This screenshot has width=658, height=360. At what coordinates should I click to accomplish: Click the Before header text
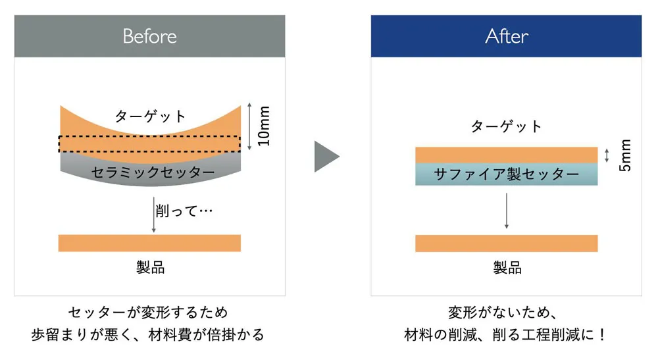tap(150, 36)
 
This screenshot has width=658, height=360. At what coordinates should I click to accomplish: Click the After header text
tap(507, 36)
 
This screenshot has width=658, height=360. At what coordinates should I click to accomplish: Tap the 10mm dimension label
tap(264, 126)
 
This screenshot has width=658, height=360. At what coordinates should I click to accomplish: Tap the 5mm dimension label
tap(625, 155)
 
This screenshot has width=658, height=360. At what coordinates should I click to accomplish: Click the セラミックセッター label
tap(153, 172)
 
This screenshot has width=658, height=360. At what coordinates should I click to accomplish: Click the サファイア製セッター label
tap(507, 174)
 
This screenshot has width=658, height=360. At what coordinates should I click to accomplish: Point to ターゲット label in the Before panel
tap(150, 116)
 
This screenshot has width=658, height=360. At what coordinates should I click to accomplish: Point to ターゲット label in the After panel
tap(507, 126)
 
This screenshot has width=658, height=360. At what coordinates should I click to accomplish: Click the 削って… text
tap(184, 211)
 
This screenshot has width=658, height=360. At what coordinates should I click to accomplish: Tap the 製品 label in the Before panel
tap(150, 267)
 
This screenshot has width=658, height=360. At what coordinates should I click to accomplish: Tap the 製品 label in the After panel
tap(507, 267)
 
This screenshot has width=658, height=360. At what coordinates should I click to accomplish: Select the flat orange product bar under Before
tap(149, 244)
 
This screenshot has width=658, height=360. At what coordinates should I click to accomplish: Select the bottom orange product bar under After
tap(507, 244)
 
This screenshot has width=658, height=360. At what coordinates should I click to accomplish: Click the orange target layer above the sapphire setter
tap(507, 155)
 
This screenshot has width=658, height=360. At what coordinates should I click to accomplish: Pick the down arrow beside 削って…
tap(153, 215)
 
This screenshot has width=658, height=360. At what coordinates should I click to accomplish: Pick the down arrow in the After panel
tap(507, 211)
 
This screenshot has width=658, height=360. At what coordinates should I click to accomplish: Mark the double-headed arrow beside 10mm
tap(249, 126)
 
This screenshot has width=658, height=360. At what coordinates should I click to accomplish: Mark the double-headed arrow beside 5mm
tap(607, 155)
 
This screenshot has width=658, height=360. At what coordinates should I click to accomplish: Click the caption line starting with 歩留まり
tap(147, 335)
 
